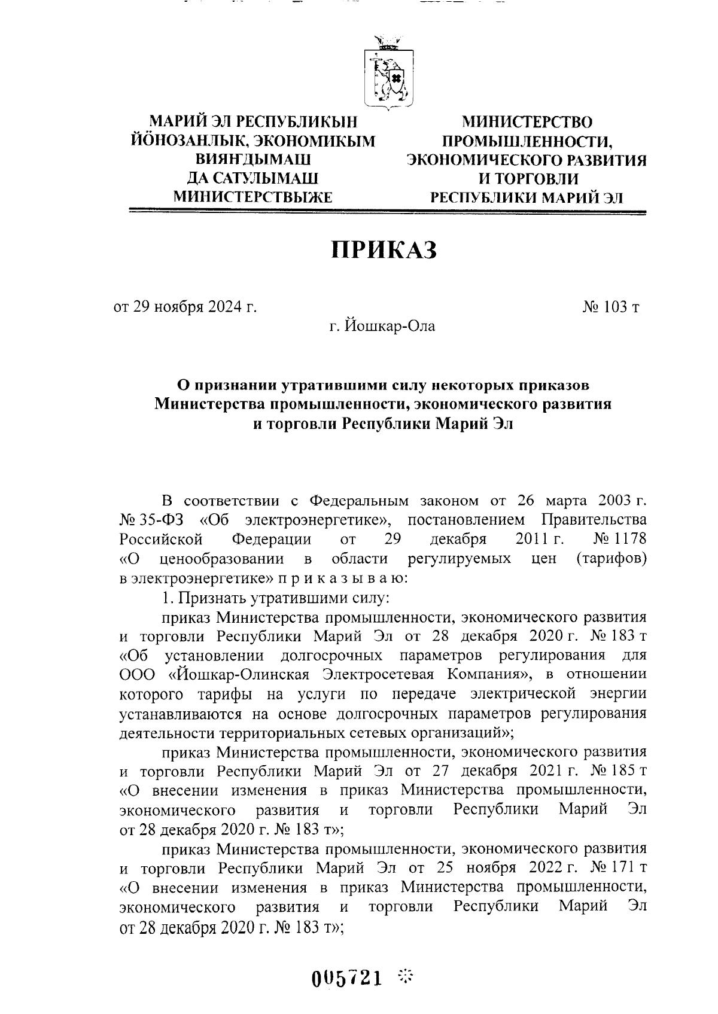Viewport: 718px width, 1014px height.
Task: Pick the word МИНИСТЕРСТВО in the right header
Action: coord(527,122)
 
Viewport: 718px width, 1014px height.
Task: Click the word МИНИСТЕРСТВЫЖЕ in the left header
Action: coord(252,196)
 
